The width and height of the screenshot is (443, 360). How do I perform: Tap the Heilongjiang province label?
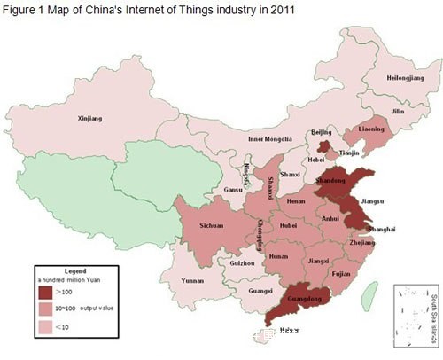(x=405, y=78)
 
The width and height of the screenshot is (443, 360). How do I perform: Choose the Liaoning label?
(x=373, y=129)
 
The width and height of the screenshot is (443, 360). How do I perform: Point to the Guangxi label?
(x=260, y=291)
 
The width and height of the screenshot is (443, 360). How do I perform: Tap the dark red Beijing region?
(x=325, y=145)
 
